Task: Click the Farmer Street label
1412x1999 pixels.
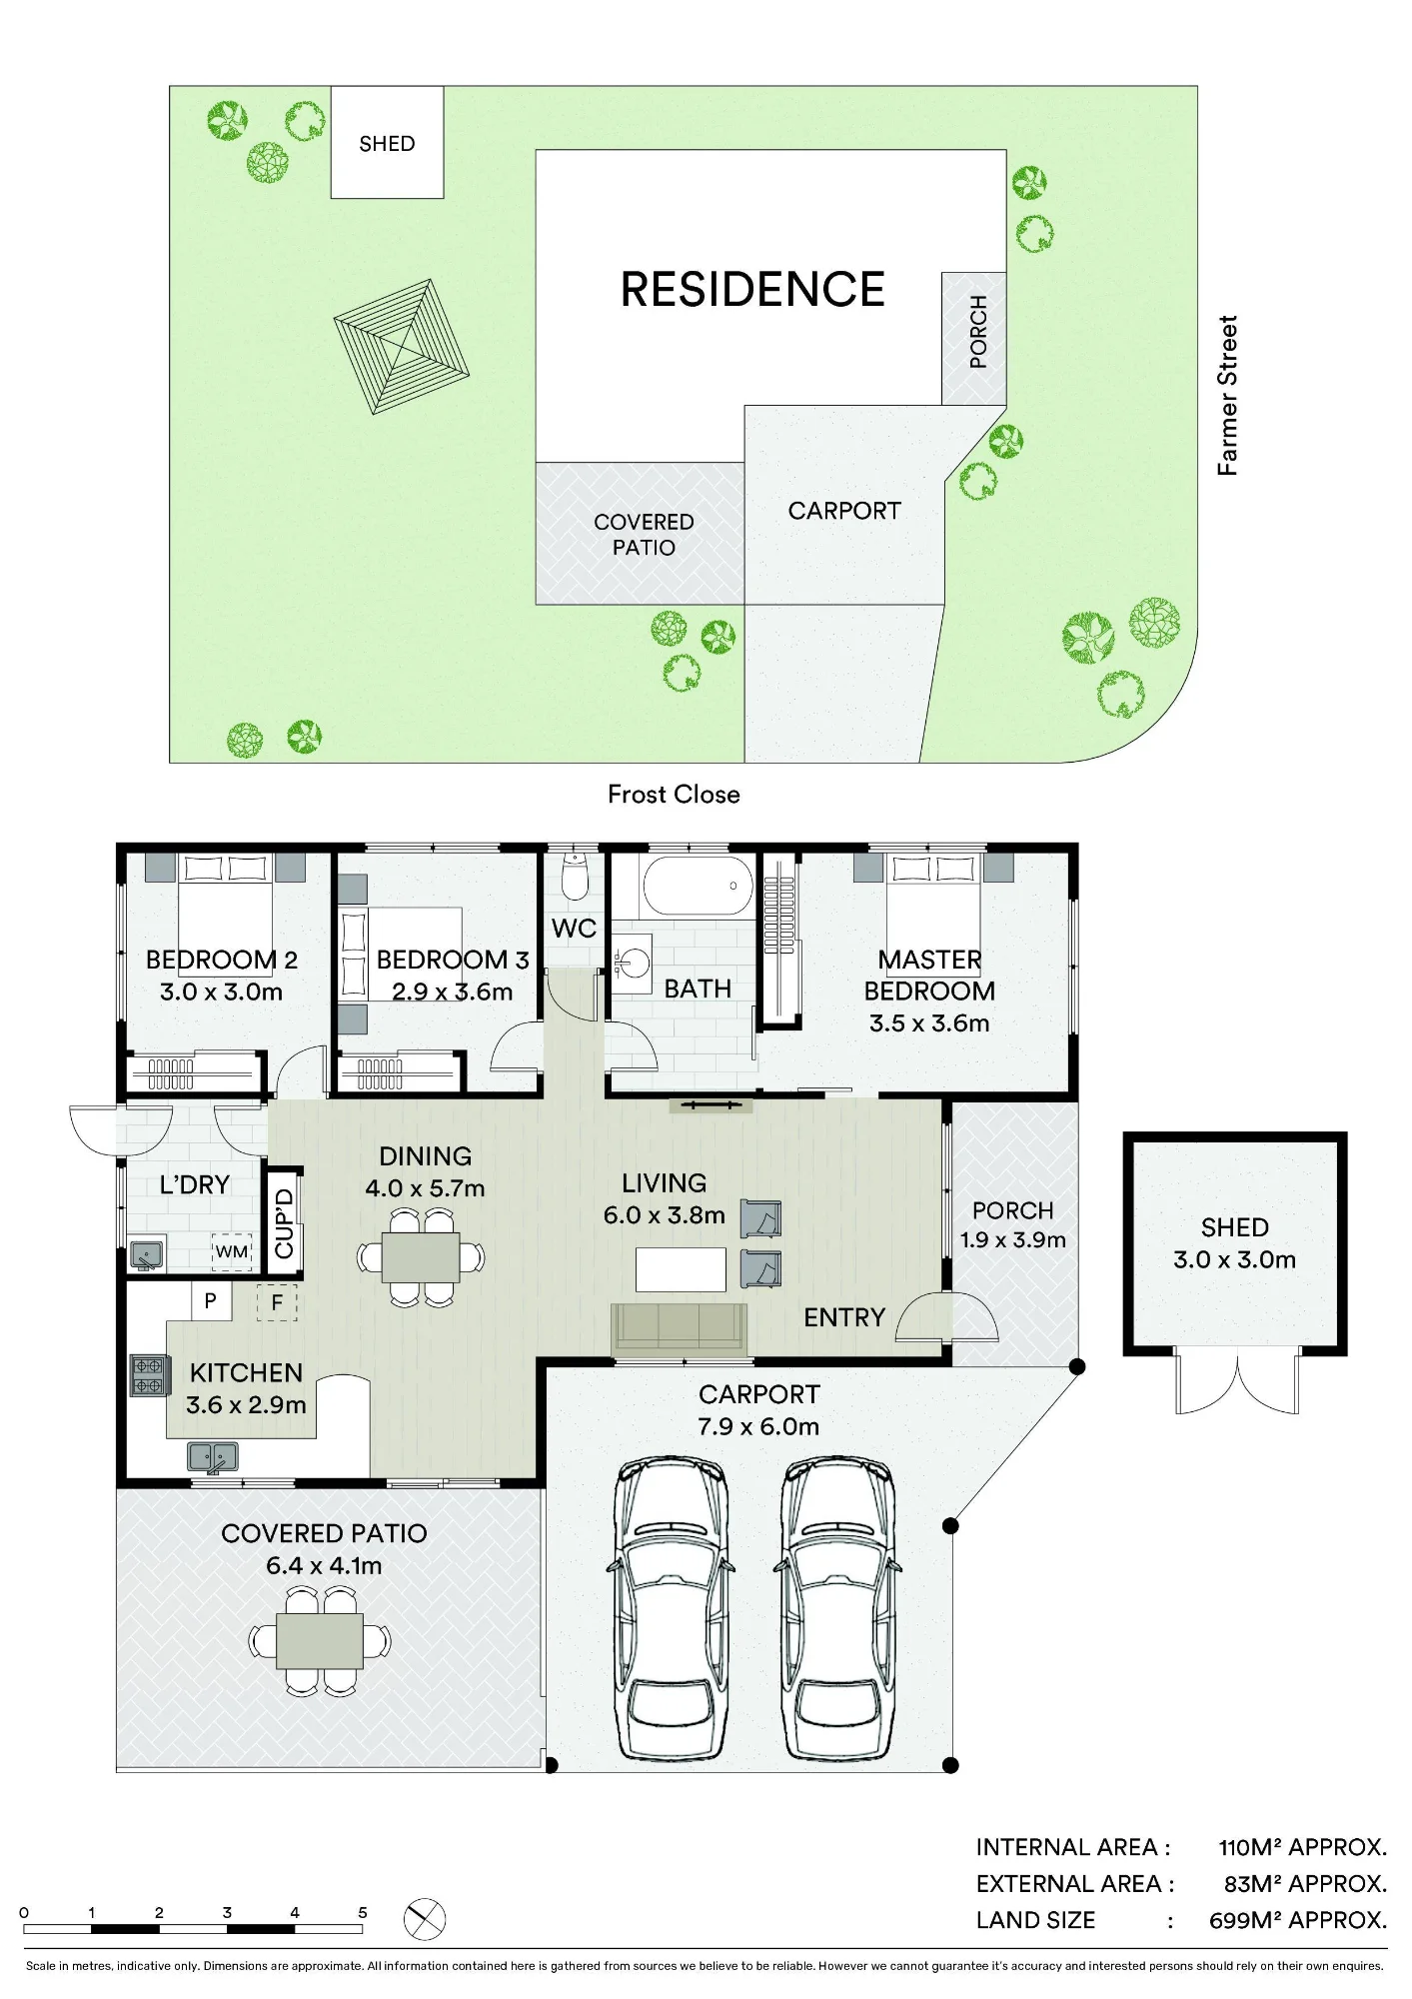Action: point(1227,395)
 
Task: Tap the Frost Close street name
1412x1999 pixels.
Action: point(674,795)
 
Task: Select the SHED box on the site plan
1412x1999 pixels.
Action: point(387,142)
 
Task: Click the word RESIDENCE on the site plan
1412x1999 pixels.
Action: point(752,289)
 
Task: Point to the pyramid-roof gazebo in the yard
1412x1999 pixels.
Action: point(402,346)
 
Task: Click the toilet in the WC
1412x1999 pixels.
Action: point(575,878)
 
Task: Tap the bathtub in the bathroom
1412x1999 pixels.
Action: point(698,885)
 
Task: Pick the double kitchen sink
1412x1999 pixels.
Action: point(213,1457)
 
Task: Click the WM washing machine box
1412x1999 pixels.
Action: point(232,1251)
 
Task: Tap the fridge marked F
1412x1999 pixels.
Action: point(277,1302)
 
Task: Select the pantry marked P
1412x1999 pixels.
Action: point(211,1300)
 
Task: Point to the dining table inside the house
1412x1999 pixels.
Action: point(421,1257)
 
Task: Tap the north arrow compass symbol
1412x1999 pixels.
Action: point(425,1919)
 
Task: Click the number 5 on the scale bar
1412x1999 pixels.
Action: point(363,1912)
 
